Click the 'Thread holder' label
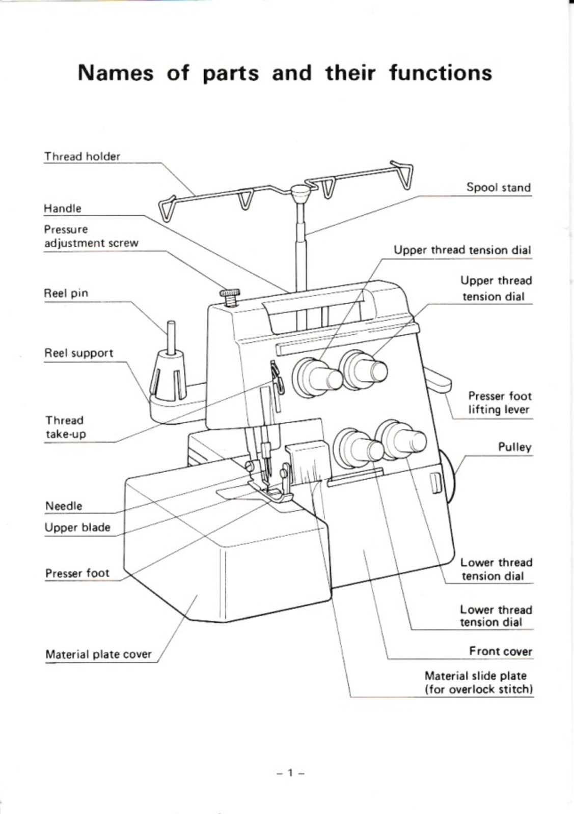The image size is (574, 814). pos(82,157)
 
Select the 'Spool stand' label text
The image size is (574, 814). pos(498,188)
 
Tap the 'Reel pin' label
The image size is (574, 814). pos(66,294)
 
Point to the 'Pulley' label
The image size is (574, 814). pos(514,448)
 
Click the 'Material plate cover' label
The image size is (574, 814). pos(98,654)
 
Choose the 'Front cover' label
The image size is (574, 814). pos(500,652)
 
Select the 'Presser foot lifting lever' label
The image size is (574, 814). pos(499,403)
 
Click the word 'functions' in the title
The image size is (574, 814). pos(441,73)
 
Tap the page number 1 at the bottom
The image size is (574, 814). pos(290,773)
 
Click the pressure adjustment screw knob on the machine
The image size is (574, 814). pos(230,294)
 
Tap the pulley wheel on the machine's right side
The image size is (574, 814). pos(450,476)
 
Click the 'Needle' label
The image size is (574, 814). pos(64,506)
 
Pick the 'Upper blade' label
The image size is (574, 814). pos(77,528)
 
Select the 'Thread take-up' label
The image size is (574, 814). pos(65,427)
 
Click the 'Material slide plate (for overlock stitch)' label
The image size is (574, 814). pos(478,683)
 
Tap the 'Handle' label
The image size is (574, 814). pos(62,209)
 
